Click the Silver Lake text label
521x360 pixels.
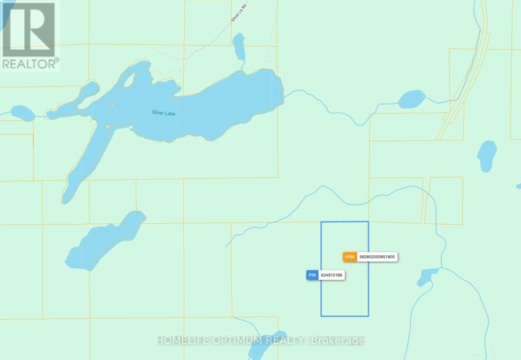pyautogui.click(x=163, y=113)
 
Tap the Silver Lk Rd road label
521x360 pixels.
pyautogui.click(x=239, y=13)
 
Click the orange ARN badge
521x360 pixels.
pyautogui.click(x=350, y=257)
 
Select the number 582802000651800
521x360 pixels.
pyautogui.click(x=377, y=257)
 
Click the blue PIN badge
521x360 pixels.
pyautogui.click(x=312, y=275)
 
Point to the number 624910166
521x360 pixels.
pyautogui.click(x=331, y=275)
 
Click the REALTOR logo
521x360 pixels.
pyautogui.click(x=30, y=36)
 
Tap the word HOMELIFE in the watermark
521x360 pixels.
pyautogui.click(x=183, y=340)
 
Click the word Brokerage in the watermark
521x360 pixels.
pyautogui.click(x=338, y=340)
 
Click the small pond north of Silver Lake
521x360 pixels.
pyautogui.click(x=239, y=46)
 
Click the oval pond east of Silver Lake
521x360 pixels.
pyautogui.click(x=412, y=99)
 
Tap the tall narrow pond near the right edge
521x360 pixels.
pyautogui.click(x=487, y=156)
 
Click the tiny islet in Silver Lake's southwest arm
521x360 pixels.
pyautogui.click(x=106, y=126)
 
